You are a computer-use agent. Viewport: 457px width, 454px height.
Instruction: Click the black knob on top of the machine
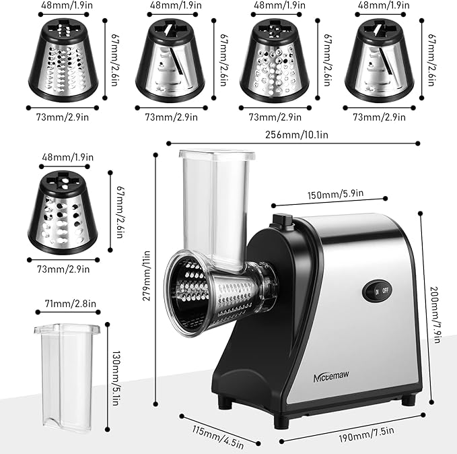[281, 220]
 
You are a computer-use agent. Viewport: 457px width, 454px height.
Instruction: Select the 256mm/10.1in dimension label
[294, 135]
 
